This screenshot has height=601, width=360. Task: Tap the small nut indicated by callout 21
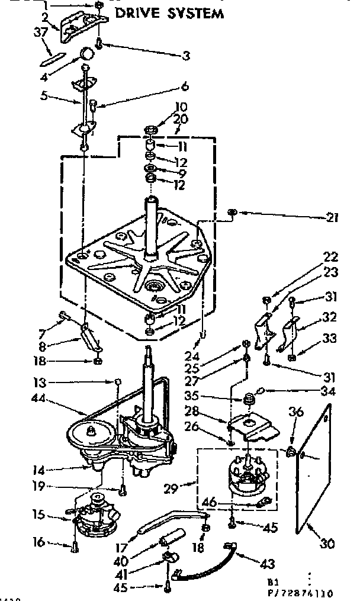[x=234, y=211]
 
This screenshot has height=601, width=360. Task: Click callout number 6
[x=185, y=87]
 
